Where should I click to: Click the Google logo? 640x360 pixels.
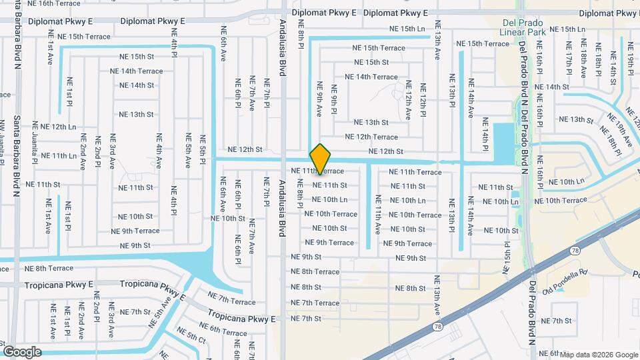pyautogui.click(x=22, y=351)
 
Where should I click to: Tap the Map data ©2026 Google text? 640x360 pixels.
pyautogui.click(x=598, y=355)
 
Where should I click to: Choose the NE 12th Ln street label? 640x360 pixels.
pyautogui.click(x=59, y=127)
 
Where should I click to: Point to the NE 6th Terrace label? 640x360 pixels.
pyautogui.click(x=223, y=329)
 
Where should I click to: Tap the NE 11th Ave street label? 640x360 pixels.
pyautogui.click(x=378, y=215)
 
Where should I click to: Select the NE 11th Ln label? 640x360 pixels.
pyautogui.click(x=59, y=156)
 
